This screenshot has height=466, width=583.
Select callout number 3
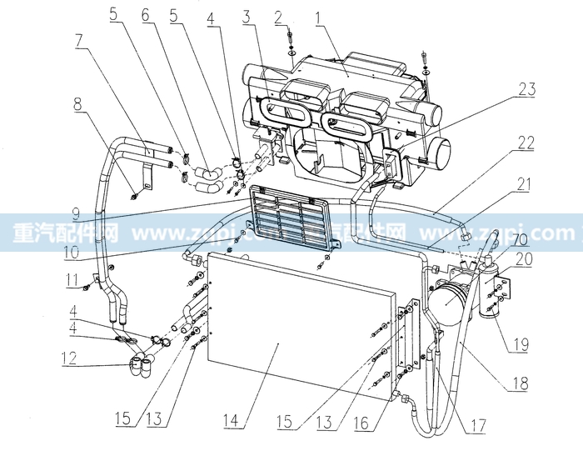pos(247,16)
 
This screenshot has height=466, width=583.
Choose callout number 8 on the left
pos(78,106)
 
